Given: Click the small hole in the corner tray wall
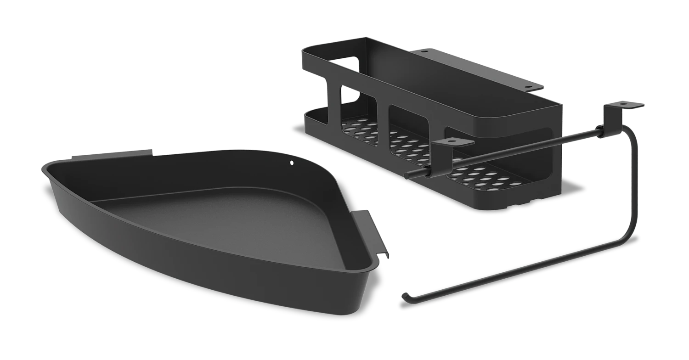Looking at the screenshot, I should pyautogui.click(x=292, y=162).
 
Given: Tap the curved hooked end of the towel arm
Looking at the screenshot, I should pyautogui.click(x=405, y=296).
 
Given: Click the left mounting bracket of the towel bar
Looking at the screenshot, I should pyautogui.click(x=452, y=142).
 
